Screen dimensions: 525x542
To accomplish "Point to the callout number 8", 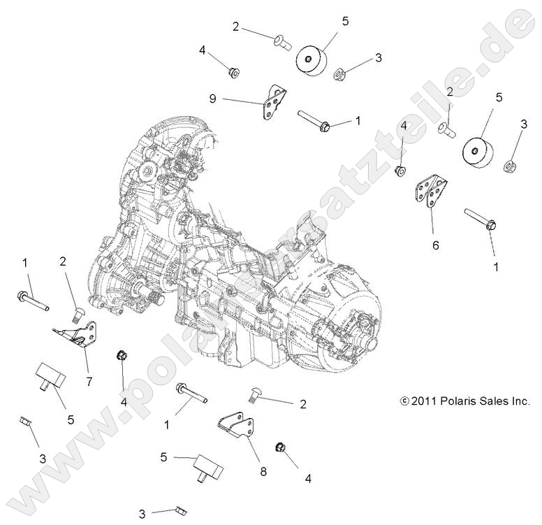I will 263,472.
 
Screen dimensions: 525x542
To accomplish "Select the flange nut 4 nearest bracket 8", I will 279,446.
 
